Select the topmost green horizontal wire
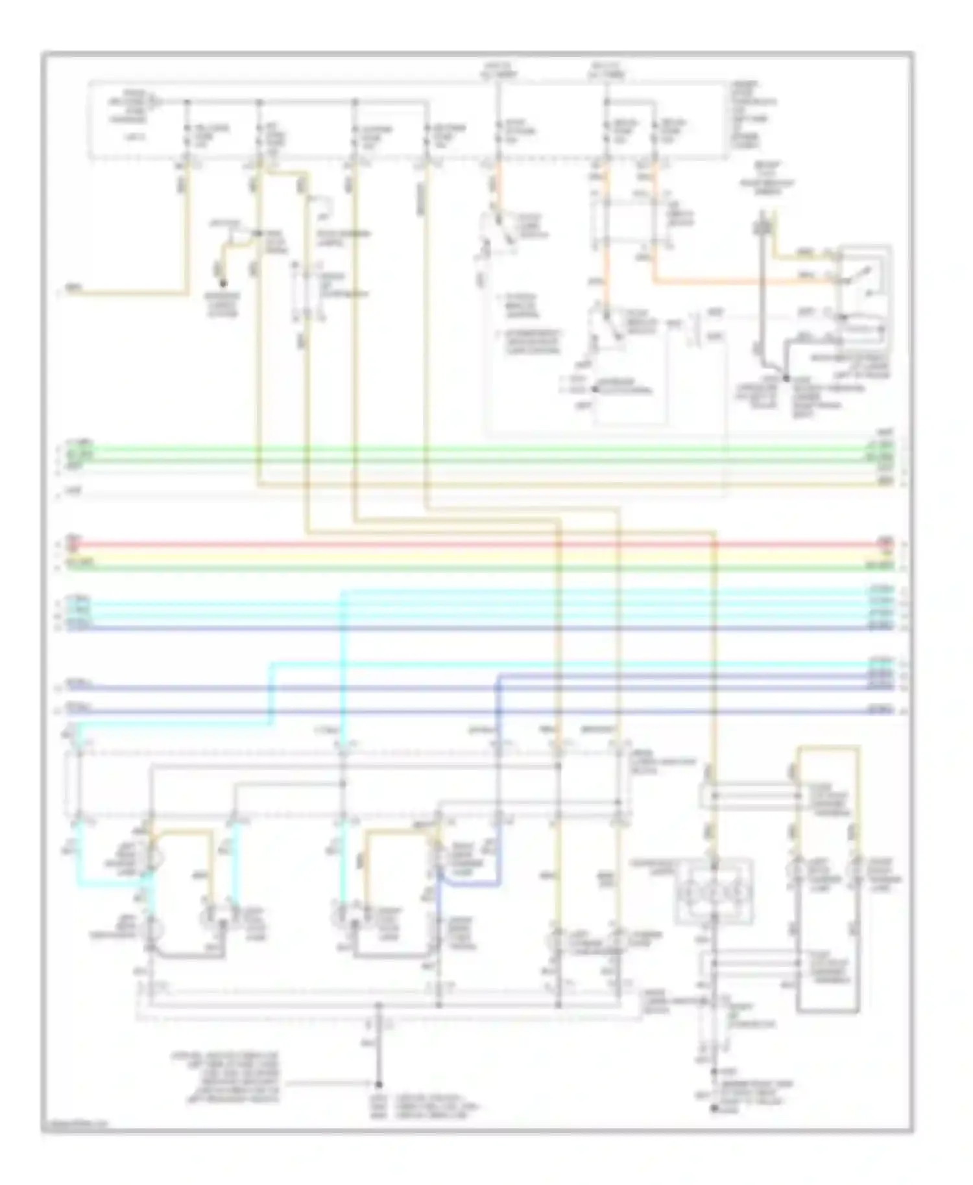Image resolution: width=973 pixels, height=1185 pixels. [x=454, y=448]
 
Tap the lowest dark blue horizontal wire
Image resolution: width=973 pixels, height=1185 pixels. [x=454, y=711]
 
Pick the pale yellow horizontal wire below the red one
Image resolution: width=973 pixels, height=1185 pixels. [x=454, y=556]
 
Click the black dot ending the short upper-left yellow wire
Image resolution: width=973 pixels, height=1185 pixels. [x=222, y=283]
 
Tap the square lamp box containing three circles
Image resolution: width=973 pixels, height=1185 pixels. [x=714, y=891]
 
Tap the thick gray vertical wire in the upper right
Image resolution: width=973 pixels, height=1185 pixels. [x=763, y=285]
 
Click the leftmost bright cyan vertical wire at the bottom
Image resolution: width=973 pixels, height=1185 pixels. [x=78, y=843]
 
